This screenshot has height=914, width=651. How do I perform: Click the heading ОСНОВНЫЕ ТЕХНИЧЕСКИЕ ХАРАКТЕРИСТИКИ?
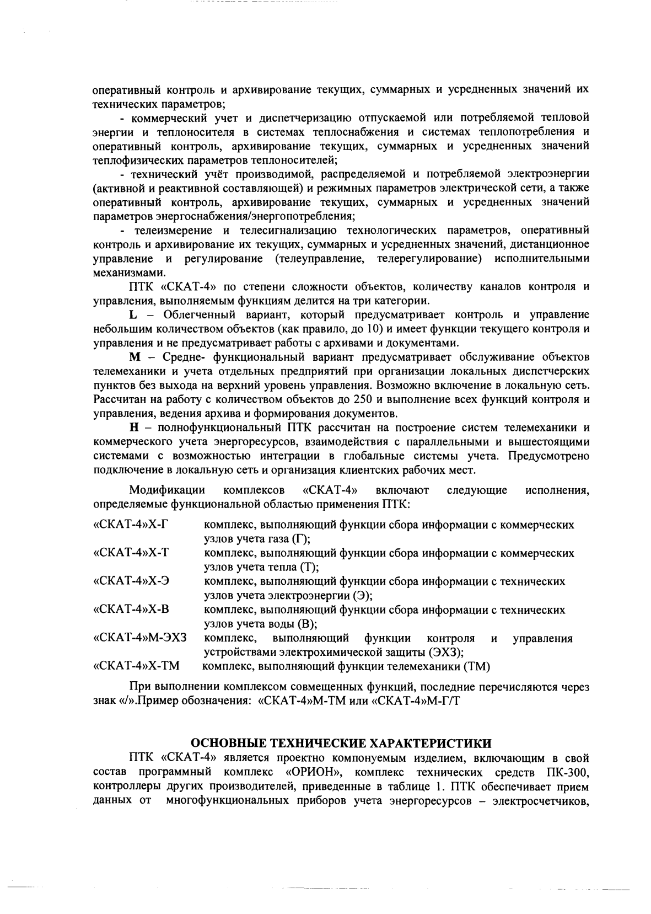[x=340, y=741]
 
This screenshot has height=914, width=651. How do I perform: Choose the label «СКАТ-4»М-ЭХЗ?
[x=141, y=638]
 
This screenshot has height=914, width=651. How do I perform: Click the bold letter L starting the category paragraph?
[x=132, y=315]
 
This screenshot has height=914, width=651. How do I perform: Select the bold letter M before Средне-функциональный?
[x=134, y=357]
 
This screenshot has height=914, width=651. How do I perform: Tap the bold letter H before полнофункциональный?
[x=133, y=427]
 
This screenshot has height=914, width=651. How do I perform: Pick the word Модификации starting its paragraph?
[x=166, y=490]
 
